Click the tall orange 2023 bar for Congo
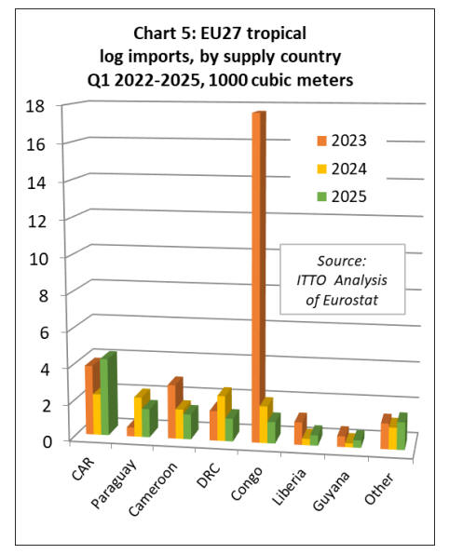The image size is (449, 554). (x=259, y=277)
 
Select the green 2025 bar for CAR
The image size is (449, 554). (x=109, y=393)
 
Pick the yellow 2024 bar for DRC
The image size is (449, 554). (x=224, y=414)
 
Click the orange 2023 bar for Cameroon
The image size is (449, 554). (x=174, y=408)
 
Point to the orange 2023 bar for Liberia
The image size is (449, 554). (x=301, y=428)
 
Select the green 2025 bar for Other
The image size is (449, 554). (x=401, y=431)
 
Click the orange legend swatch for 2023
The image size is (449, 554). (x=321, y=141)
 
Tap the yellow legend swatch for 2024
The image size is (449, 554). (x=321, y=169)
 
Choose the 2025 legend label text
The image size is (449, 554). (x=348, y=196)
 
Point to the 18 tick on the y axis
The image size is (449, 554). (x=35, y=105)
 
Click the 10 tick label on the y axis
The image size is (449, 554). (x=38, y=259)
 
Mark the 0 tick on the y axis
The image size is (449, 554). (x=47, y=441)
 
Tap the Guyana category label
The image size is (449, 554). (x=332, y=491)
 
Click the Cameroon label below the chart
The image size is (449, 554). (x=153, y=488)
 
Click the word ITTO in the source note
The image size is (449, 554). (x=311, y=280)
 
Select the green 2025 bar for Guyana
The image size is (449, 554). (x=358, y=439)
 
